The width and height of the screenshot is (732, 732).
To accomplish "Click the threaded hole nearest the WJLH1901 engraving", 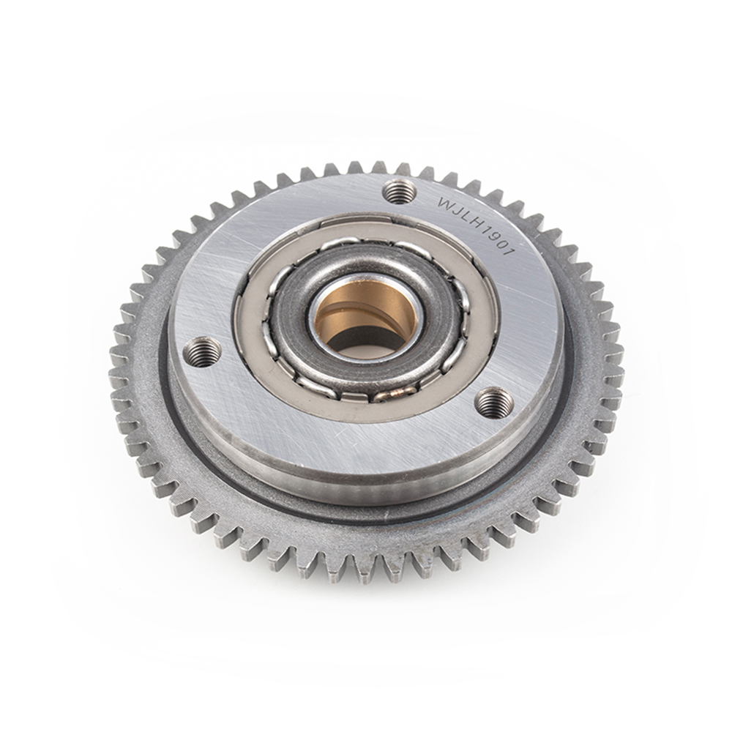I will [399, 193].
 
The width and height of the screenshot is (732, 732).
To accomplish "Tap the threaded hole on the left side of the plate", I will [201, 352].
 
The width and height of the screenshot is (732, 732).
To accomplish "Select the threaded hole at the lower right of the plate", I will [493, 402].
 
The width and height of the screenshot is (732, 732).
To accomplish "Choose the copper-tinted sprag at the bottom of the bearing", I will [392, 396].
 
